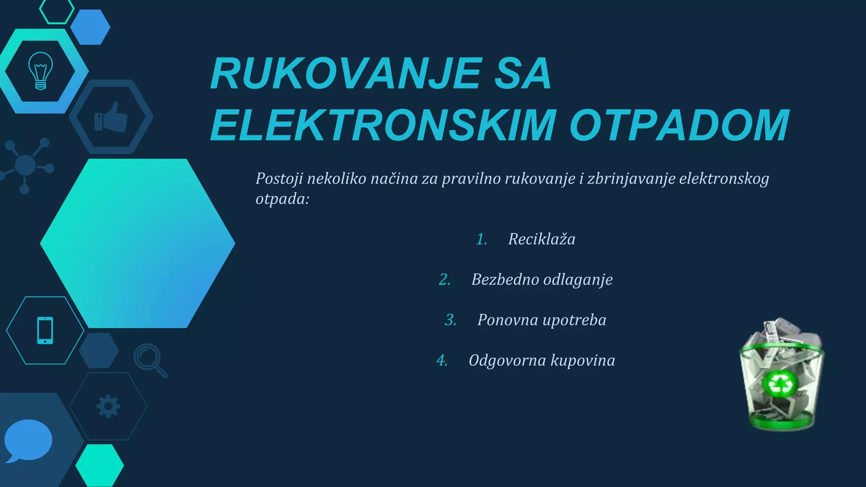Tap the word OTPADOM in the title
680,126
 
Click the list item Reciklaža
542,239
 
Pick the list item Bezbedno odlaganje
542,279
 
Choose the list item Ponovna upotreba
542,320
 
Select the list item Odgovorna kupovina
542,361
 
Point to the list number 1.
481,239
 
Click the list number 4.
442,361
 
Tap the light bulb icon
41,71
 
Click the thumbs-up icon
111,118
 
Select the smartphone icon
45,330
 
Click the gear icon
108,406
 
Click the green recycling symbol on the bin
779,384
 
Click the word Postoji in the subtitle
279,179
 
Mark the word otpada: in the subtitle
282,199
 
